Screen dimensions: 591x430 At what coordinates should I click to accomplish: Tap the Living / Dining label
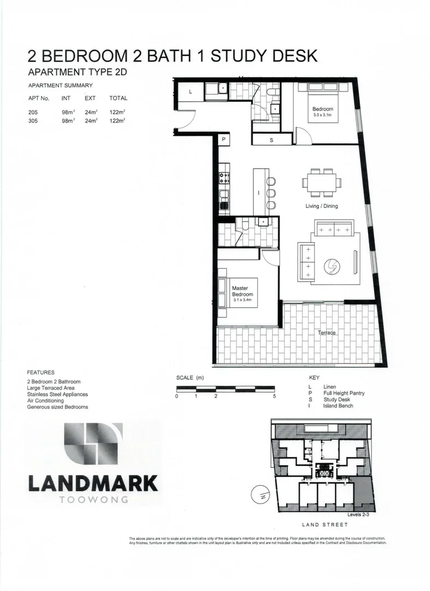point(322,206)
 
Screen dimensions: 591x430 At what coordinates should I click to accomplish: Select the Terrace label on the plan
point(327,333)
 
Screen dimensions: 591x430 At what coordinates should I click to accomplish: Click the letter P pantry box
point(224,140)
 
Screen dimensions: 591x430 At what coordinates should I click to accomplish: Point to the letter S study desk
point(272,141)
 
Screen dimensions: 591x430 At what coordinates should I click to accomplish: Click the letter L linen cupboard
point(190,92)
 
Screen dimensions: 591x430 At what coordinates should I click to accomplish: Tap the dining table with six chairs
point(321,182)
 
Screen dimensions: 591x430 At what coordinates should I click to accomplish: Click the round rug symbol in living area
point(332,266)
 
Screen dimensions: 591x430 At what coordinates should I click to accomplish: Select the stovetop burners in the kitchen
point(224,177)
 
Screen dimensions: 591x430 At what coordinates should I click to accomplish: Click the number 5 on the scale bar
point(275,396)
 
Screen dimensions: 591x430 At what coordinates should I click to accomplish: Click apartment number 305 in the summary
point(34,121)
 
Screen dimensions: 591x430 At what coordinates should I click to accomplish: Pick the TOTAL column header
point(118,99)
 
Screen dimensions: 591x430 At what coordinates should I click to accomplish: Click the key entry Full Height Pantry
point(344,393)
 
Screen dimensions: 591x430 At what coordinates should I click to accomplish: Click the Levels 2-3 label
point(359,515)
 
